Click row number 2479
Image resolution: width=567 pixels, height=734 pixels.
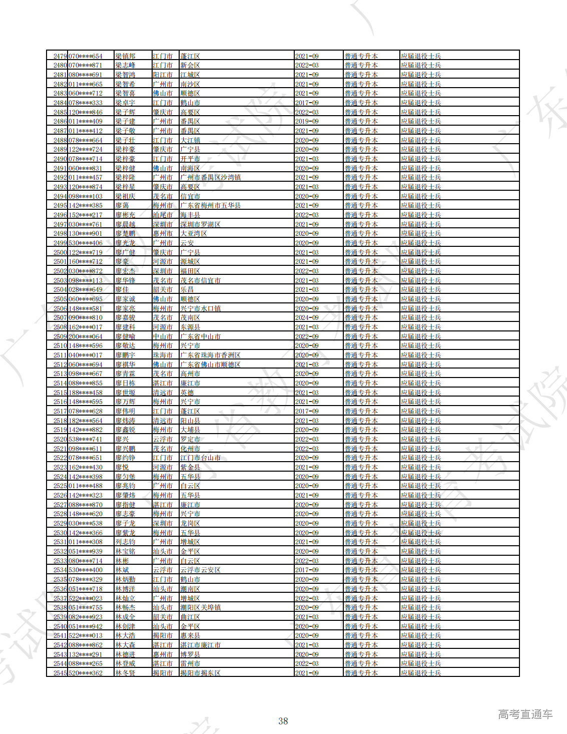(x=60, y=56)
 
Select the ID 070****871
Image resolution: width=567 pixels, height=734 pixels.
(x=85, y=66)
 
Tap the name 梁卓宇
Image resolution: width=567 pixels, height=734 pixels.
(x=125, y=103)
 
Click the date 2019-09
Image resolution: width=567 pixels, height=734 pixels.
(x=306, y=122)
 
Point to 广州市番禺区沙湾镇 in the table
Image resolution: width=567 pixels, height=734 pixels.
(x=210, y=178)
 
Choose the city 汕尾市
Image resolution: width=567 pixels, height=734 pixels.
(x=163, y=215)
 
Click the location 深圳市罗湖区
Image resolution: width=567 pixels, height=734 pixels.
(x=200, y=224)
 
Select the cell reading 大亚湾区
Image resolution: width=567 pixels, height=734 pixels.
(x=193, y=234)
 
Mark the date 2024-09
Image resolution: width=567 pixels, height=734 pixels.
(x=306, y=318)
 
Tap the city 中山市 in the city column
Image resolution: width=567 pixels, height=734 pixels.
(x=163, y=336)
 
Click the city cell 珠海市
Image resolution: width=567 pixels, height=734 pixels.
(x=163, y=355)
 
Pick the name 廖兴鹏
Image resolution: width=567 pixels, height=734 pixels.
(x=125, y=449)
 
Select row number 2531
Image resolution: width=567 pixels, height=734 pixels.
(x=60, y=542)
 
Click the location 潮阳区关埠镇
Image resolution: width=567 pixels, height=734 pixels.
(x=200, y=608)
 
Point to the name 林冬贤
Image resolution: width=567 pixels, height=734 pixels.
(x=125, y=673)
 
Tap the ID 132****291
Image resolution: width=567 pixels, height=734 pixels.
(x=85, y=654)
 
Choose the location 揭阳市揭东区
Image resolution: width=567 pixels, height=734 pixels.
(x=200, y=673)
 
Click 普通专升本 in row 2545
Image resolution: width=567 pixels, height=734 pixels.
(x=361, y=673)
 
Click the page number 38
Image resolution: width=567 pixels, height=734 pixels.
(x=283, y=721)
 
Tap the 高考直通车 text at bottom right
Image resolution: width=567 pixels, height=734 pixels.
(x=525, y=714)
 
